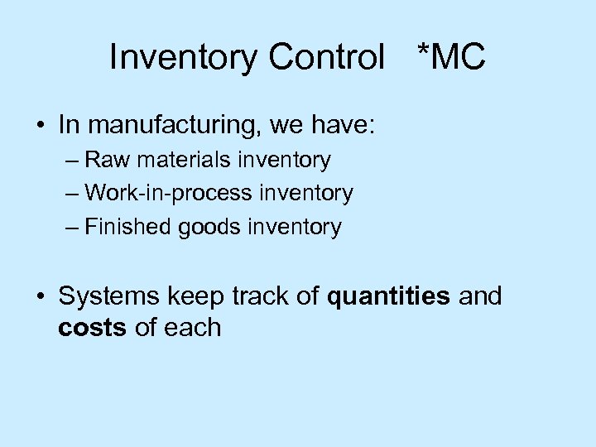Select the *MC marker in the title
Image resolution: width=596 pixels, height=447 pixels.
[x=452, y=58]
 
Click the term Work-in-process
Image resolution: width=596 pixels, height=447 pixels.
[x=169, y=194]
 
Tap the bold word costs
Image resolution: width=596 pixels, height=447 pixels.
[x=92, y=328]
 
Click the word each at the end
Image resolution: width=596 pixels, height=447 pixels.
[x=191, y=328]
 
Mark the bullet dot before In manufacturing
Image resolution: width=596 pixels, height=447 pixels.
[x=41, y=127]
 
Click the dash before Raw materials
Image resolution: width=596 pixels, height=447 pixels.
[x=72, y=161]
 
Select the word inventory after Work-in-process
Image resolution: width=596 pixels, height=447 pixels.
[x=306, y=194]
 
